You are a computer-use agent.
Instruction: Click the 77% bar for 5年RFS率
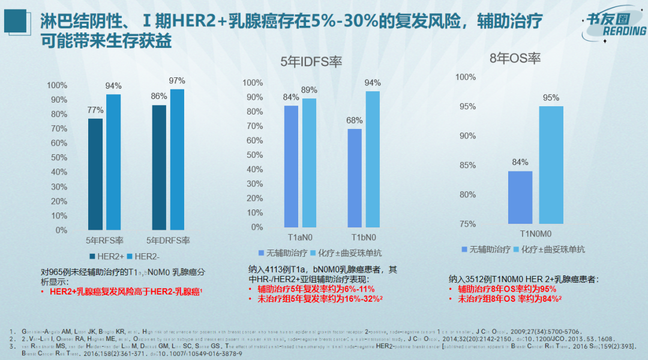pyautogui.click(x=95, y=174)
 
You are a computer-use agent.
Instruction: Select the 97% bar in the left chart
pyautogui.click(x=177, y=160)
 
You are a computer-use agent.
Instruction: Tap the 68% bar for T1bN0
pyautogui.click(x=355, y=178)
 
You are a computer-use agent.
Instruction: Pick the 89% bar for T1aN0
pyautogui.click(x=309, y=163)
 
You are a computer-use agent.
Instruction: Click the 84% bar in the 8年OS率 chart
pyautogui.click(x=520, y=197)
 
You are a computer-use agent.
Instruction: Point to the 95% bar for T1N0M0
pyautogui.click(x=551, y=165)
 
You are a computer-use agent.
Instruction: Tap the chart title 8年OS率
pyautogui.click(x=515, y=58)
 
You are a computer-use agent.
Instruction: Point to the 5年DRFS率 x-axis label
pyautogui.click(x=170, y=241)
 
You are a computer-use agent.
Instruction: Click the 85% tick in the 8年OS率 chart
pyautogui.click(x=466, y=165)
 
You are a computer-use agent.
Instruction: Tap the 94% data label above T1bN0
pyautogui.click(x=372, y=83)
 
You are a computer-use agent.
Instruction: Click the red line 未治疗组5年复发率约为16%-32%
pyautogui.click(x=318, y=298)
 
